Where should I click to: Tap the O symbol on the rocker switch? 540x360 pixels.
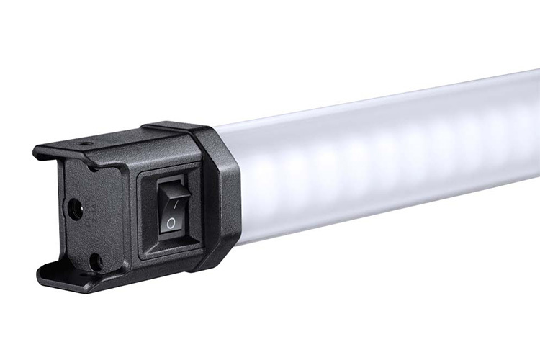(x=171, y=225)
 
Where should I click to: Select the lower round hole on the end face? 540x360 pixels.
(x=94, y=261)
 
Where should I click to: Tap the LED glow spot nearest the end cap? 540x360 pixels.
(x=270, y=180)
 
